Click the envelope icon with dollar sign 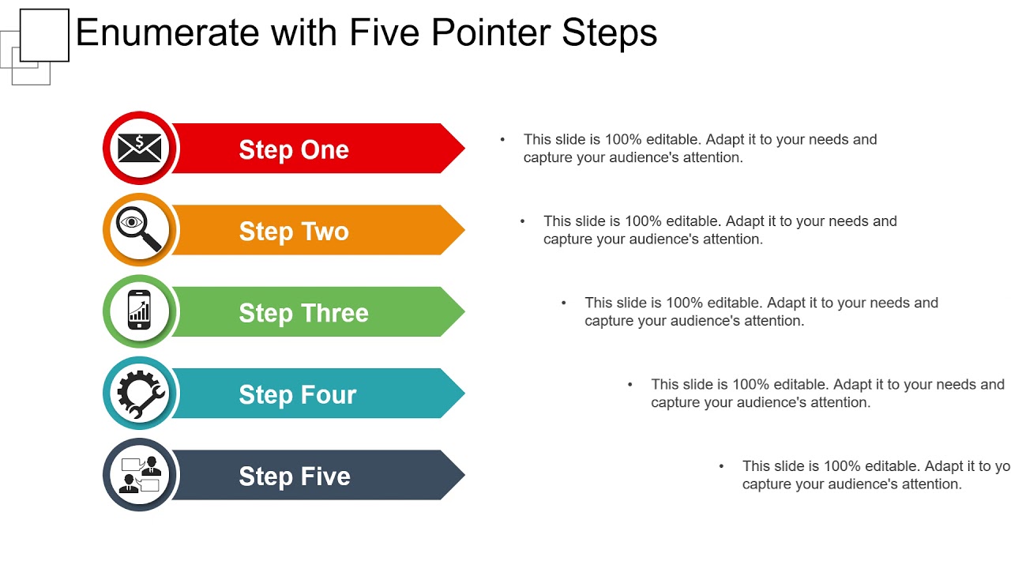(140, 148)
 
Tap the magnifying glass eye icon (140, 229)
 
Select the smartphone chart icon (140, 311)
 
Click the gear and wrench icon (141, 393)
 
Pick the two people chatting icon (140, 474)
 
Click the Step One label (294, 149)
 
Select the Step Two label (294, 231)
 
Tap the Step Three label (303, 313)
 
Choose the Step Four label (297, 394)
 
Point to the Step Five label (294, 477)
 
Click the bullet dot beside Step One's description (502, 139)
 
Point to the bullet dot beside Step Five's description (721, 465)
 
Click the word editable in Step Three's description (735, 303)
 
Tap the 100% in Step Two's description (643, 221)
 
